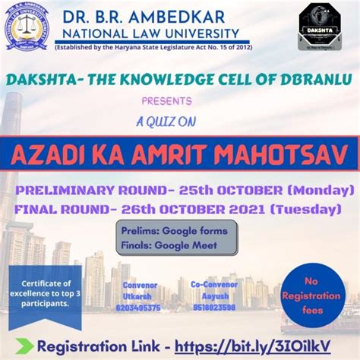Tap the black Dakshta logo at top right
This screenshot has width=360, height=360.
317,26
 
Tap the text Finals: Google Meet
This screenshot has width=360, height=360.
159,246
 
